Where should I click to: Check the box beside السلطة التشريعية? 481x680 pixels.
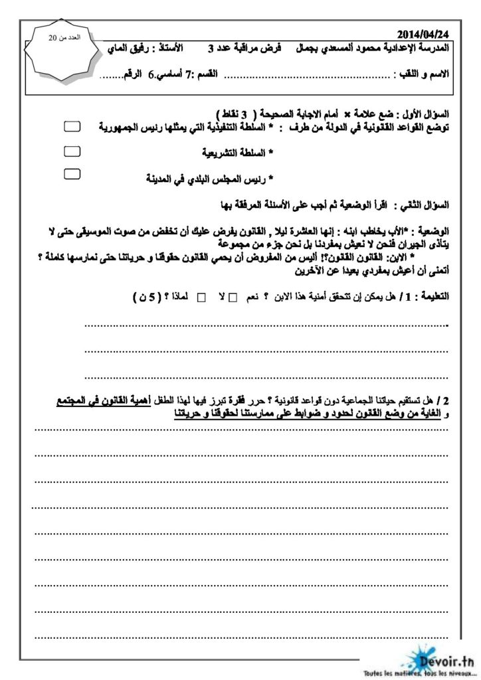(72, 151)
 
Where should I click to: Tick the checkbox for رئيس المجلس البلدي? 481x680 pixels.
(72, 174)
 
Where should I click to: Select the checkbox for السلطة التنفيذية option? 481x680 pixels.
(72, 126)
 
